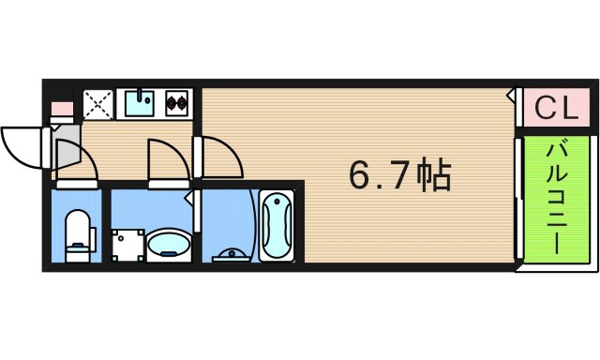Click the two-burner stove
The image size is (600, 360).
177,102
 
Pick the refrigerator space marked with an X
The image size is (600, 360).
97,103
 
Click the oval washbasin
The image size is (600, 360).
170,245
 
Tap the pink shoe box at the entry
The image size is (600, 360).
61,108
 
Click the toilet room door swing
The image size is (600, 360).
79,164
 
